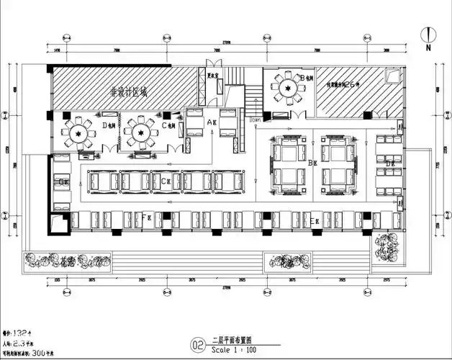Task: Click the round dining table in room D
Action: (76, 133)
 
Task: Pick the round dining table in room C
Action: (137, 132)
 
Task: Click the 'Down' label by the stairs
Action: (256, 121)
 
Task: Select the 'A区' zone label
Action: (212, 123)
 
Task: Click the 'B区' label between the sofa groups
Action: (312, 164)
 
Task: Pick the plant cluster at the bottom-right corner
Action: (388, 248)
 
